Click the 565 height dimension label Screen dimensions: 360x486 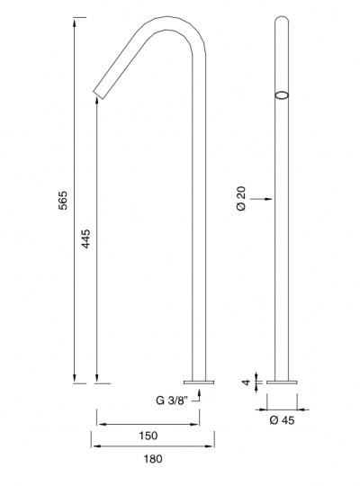pos(63,201)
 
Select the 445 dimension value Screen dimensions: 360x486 pos(85,238)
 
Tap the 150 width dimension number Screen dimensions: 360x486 pos(148,436)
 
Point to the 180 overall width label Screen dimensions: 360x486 pos(153,458)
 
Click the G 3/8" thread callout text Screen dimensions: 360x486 pos(172,400)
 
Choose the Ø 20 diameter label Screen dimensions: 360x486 pos(241,199)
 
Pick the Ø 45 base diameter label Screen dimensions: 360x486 pos(283,420)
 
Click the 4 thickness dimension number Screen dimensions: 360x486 pos(247,382)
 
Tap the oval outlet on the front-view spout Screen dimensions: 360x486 pos(282,95)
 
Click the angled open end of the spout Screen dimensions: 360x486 pos(99,95)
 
